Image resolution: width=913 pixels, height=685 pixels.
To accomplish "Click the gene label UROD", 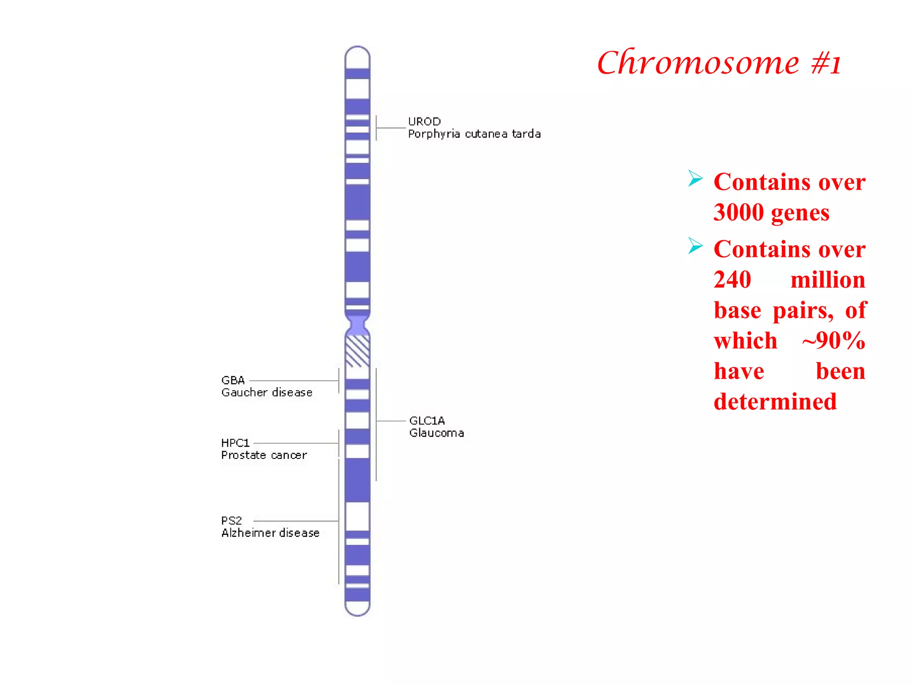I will pyautogui.click(x=424, y=121).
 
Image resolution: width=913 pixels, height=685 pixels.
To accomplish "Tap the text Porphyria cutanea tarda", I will pyautogui.click(x=474, y=134).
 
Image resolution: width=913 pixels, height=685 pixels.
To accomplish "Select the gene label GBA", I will pyautogui.click(x=233, y=380).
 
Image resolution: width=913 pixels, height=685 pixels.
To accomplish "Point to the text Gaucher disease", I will pyautogui.click(x=267, y=392).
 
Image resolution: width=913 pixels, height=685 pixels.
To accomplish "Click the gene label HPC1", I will pyautogui.click(x=235, y=443).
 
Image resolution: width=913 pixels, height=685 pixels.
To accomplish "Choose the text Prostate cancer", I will pyautogui.click(x=264, y=455).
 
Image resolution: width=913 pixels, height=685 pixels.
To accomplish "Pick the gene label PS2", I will pyautogui.click(x=231, y=520).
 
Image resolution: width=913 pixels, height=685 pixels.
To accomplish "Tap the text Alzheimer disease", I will pyautogui.click(x=270, y=533).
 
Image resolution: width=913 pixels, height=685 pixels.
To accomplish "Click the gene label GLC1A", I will pyautogui.click(x=427, y=421).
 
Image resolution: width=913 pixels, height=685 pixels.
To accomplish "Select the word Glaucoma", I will pyautogui.click(x=436, y=433).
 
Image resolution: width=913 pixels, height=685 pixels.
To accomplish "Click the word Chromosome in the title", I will pyautogui.click(x=698, y=63).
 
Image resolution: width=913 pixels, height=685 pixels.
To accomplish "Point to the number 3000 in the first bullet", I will pyautogui.click(x=739, y=212).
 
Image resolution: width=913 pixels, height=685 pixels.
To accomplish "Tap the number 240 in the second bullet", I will pyautogui.click(x=732, y=280).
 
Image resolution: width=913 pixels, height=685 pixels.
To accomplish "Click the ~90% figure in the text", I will pyautogui.click(x=833, y=341).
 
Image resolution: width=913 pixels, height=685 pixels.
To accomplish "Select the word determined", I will pyautogui.click(x=775, y=401).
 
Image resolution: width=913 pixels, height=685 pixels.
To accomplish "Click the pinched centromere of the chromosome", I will pyautogui.click(x=358, y=325).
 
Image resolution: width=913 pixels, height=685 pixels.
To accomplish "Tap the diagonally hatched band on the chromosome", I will pyautogui.click(x=358, y=351).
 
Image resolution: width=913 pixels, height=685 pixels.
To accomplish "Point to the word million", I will pyautogui.click(x=827, y=280).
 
